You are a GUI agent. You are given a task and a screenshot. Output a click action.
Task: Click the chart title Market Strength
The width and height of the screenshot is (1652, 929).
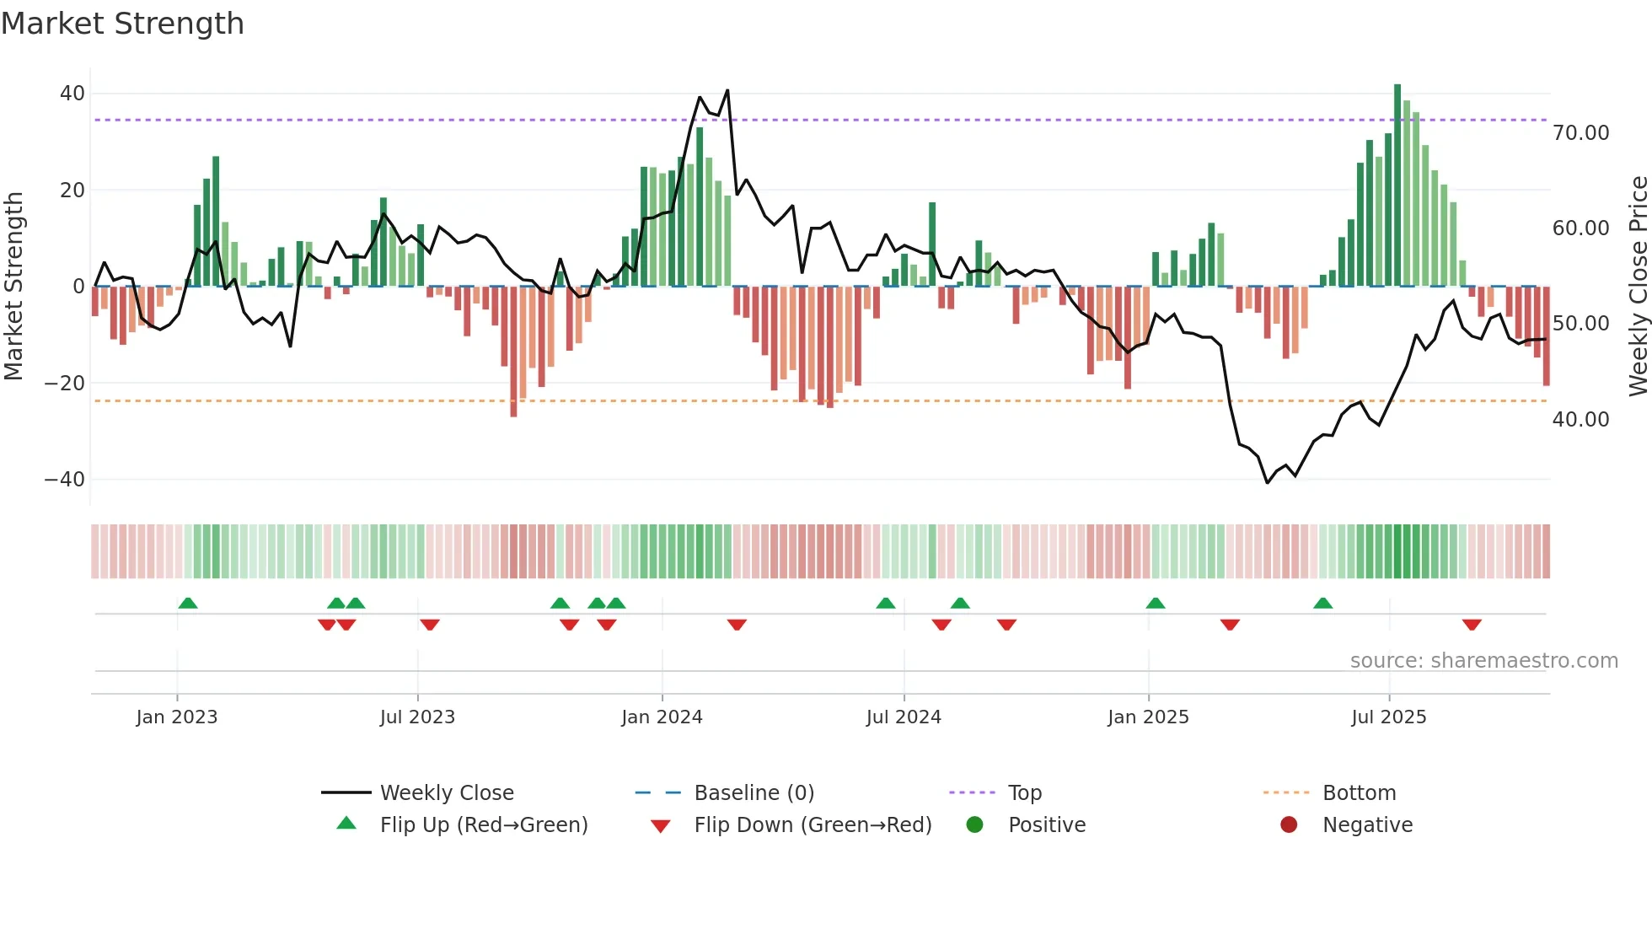point(122,24)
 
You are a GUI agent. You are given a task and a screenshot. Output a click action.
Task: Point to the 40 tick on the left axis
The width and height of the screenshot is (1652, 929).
point(72,94)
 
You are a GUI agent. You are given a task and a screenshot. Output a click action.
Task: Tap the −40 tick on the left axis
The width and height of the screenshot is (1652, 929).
point(66,480)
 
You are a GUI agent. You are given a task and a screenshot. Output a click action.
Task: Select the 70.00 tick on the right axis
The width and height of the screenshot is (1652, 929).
point(1580,133)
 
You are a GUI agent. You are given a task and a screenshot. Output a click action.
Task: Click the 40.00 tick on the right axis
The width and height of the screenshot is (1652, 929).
point(1580,420)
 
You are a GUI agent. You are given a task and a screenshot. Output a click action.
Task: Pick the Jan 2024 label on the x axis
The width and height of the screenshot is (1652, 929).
point(662,717)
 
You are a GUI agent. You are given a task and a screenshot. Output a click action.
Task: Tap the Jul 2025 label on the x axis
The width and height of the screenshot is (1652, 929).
point(1388,717)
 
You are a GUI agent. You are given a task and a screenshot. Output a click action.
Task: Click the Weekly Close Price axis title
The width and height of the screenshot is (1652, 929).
point(1638,287)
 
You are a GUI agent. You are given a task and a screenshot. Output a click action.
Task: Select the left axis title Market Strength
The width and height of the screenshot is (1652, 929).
point(14,287)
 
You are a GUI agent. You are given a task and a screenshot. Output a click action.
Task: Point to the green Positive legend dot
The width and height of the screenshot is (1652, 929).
point(975,825)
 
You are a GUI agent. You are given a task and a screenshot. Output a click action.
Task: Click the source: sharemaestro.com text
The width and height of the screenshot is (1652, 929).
point(1483,661)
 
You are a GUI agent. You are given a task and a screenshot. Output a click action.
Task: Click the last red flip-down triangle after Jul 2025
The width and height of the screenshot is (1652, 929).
point(1472,625)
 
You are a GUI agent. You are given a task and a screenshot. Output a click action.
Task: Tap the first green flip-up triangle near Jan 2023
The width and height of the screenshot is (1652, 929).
point(188,604)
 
